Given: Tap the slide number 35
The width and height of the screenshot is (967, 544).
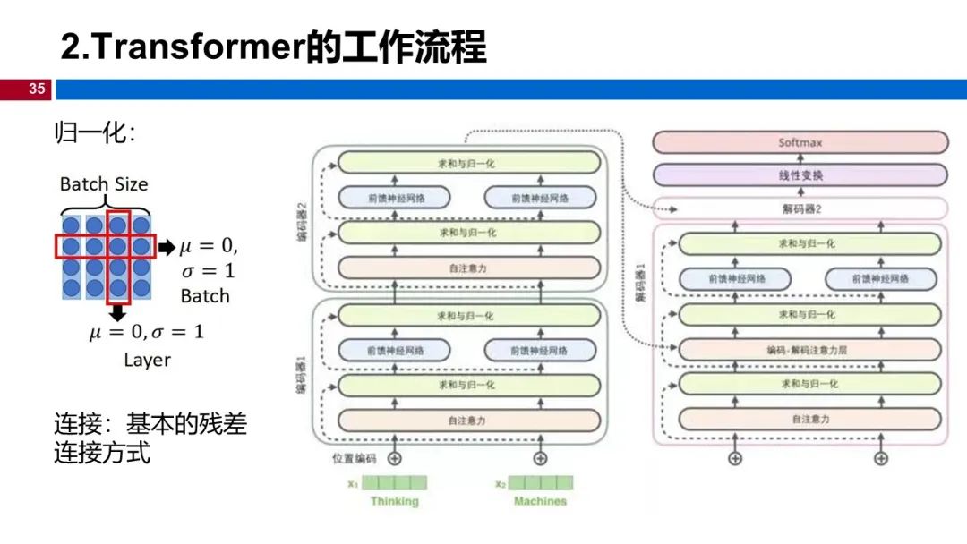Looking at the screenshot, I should tap(37, 89).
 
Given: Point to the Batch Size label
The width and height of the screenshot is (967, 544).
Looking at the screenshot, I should tap(104, 184).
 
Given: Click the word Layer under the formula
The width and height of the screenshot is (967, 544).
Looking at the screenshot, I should tap(147, 360).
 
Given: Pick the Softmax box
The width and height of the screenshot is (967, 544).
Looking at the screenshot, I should tap(800, 143).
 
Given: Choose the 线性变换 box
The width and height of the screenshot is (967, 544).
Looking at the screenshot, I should tap(800, 175).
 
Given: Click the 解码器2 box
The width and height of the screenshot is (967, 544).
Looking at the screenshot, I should tap(800, 209).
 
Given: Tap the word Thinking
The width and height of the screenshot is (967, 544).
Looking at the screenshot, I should tap(394, 502).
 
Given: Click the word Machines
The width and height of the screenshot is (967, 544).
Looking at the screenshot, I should tap(540, 502).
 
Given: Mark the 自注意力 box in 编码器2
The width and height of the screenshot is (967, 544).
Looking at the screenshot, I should tap(468, 268).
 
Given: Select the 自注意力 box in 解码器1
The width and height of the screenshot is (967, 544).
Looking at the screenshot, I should tap(809, 419).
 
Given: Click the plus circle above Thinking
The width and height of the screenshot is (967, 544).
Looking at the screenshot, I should tap(394, 459).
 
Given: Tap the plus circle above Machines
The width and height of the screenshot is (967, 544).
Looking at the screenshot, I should tap(540, 459).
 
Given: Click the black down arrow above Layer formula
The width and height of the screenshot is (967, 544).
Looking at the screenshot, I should tap(117, 312).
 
